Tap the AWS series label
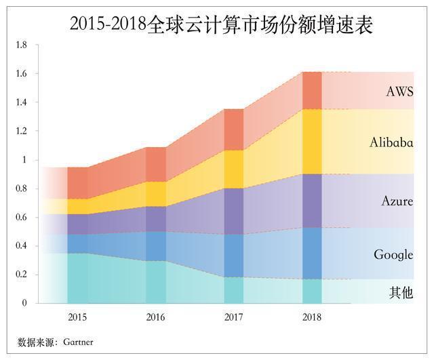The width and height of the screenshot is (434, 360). [x=399, y=92]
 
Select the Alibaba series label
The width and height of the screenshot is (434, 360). [x=391, y=142]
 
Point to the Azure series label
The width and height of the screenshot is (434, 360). [x=397, y=201]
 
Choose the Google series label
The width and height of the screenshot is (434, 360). [x=393, y=255]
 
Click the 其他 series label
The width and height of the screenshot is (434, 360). [x=401, y=293]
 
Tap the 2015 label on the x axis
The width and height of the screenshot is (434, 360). [x=77, y=317]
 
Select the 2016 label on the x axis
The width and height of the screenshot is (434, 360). [x=156, y=317]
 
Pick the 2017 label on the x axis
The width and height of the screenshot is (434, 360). [x=234, y=317]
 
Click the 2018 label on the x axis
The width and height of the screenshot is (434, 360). [x=312, y=317]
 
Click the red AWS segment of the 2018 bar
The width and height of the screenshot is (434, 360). [x=312, y=90]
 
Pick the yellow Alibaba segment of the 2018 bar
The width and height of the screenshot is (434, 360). [x=312, y=141]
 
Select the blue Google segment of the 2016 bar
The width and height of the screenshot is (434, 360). [x=156, y=246]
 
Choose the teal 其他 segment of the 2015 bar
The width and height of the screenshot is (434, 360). [x=77, y=278]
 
